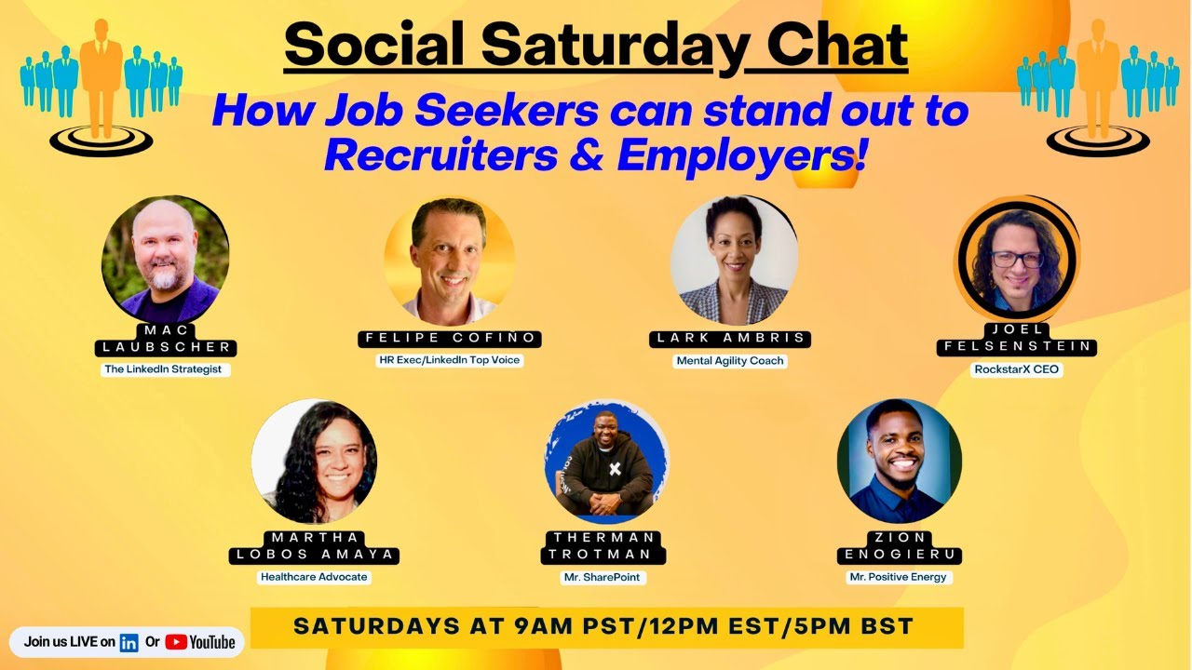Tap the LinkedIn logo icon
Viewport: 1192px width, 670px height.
[129, 642]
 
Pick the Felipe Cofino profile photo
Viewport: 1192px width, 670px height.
[449, 261]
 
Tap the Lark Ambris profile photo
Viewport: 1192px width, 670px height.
[733, 261]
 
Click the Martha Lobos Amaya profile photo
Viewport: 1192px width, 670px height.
[314, 462]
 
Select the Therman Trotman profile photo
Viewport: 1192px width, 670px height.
[606, 463]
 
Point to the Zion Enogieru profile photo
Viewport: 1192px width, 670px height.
[899, 462]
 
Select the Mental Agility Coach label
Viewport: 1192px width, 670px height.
[730, 360]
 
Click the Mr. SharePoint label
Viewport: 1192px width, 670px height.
[604, 577]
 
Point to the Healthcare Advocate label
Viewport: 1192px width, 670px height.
[314, 577]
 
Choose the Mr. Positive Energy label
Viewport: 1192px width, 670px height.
[898, 577]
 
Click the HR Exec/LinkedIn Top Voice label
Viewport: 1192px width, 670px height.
[450, 360]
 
